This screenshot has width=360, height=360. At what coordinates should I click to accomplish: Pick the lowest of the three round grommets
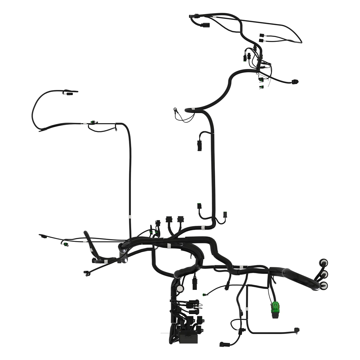324,285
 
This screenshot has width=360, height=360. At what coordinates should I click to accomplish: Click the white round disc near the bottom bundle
180,288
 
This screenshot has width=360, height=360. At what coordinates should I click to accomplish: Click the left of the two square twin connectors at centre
169,219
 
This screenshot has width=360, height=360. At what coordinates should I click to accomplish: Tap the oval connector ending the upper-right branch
295,81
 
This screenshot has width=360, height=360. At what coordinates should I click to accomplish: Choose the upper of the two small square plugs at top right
261,35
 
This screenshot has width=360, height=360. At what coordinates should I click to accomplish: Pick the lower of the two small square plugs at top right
261,40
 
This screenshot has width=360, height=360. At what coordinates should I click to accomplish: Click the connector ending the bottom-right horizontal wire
297,330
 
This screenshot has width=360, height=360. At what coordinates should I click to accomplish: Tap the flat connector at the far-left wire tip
43,236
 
